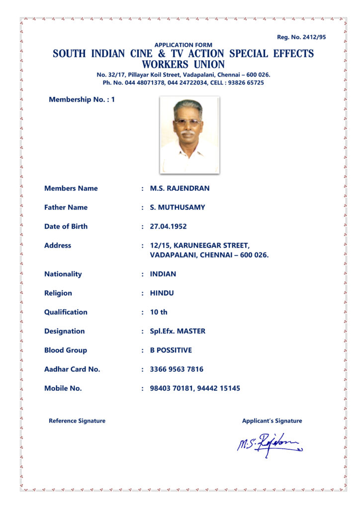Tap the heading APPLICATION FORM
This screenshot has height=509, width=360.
click(183, 45)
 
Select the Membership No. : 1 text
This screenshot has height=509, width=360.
click(82, 99)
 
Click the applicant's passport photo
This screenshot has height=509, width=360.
click(189, 135)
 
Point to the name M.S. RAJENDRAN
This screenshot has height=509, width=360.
click(180, 188)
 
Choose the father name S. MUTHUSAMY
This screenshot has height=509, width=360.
click(177, 207)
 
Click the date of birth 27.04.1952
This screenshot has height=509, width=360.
click(168, 226)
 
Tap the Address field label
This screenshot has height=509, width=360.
click(58, 245)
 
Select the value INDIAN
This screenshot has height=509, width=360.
click(163, 274)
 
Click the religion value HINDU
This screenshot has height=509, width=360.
click(162, 293)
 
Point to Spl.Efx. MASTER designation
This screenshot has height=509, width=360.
click(178, 331)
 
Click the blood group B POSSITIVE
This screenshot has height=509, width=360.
click(171, 350)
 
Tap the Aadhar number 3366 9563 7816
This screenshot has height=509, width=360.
click(177, 369)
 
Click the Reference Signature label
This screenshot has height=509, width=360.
click(77, 421)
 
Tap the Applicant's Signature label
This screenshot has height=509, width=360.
click(272, 421)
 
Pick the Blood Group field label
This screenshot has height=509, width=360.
click(66, 350)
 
